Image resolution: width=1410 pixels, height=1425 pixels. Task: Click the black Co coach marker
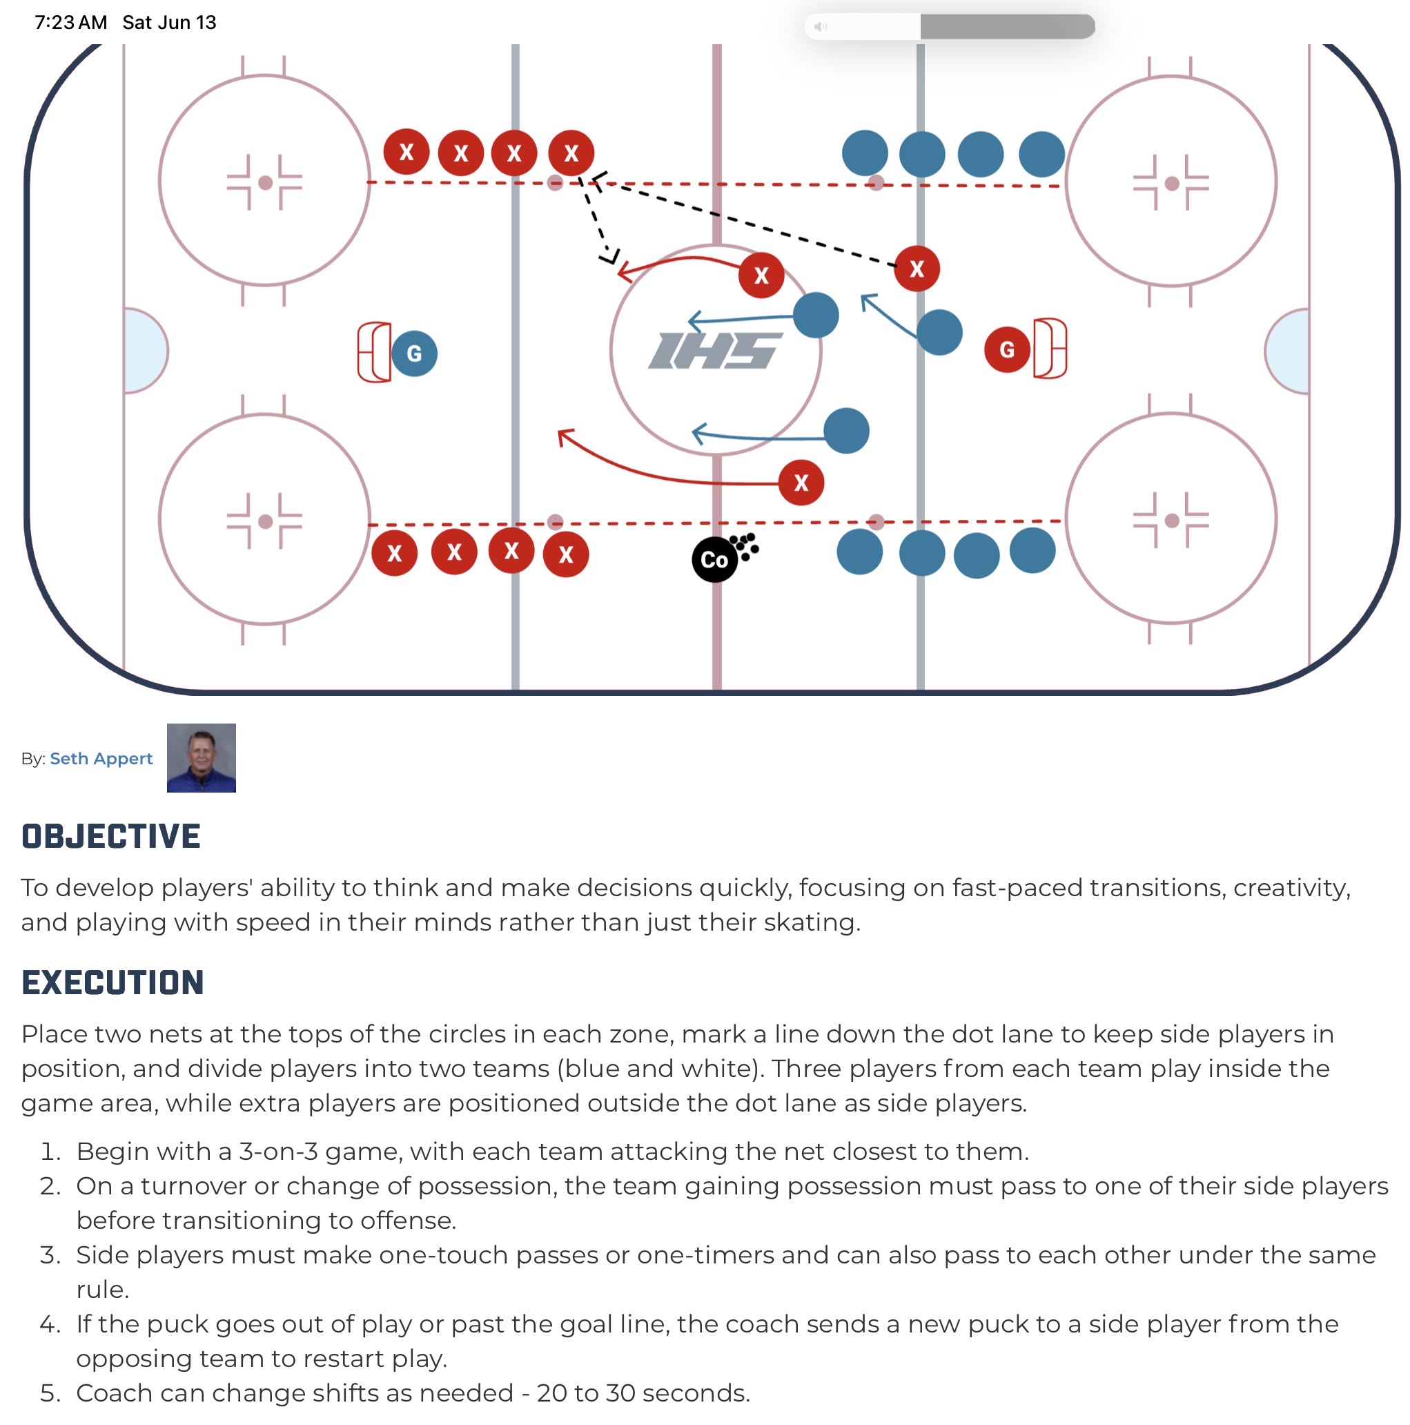click(714, 560)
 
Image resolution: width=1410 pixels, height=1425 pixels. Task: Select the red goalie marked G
click(1007, 349)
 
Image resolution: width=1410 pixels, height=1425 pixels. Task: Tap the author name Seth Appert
click(101, 758)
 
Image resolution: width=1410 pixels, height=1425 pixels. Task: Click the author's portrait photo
click(202, 757)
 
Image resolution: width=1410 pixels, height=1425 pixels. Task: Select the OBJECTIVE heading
click(110, 836)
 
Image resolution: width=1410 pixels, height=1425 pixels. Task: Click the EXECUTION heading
click(112, 982)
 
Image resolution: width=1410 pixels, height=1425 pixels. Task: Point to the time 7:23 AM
click(71, 22)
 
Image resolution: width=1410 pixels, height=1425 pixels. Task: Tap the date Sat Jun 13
click(169, 22)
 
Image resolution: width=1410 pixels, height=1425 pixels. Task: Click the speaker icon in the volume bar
click(820, 26)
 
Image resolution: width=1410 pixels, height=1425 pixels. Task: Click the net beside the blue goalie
click(374, 352)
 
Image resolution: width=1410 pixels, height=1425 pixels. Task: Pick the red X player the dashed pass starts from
click(917, 269)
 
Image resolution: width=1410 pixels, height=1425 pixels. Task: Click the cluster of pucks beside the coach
click(745, 547)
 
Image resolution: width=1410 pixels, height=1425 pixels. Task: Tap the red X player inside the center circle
click(761, 275)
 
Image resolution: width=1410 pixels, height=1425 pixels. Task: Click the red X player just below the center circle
click(801, 483)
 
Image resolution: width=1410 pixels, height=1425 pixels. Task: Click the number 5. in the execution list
click(50, 1393)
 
